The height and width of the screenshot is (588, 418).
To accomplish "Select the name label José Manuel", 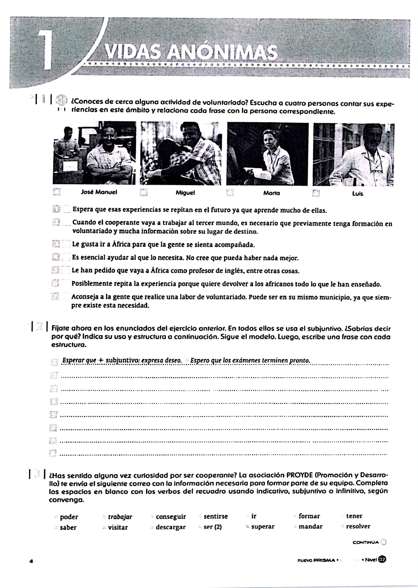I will pos(99,192).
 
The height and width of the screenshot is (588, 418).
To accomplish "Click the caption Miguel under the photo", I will pos(185,193).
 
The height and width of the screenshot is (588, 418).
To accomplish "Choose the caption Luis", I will pos(358,194).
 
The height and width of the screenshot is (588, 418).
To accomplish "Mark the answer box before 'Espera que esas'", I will pos(66,209).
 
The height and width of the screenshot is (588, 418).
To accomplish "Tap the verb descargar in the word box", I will pos(170,527).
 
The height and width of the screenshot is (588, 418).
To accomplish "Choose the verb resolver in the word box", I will pos(358,526).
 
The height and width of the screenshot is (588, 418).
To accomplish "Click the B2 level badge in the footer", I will pos(382,560).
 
